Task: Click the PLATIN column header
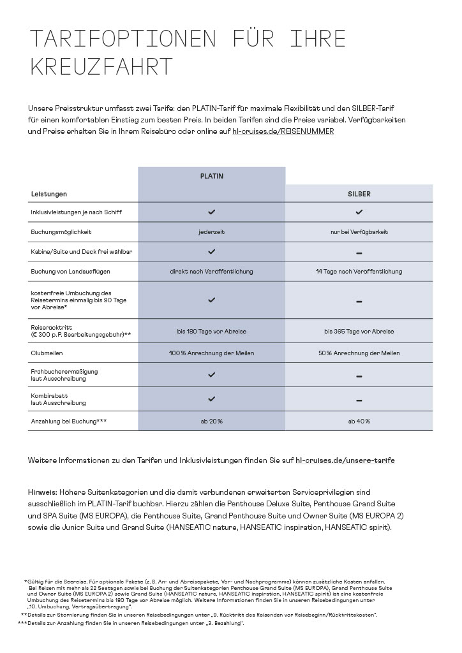click(x=211, y=175)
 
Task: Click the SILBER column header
click(x=359, y=193)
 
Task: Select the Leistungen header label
click(x=49, y=193)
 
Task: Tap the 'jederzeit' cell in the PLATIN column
click(x=211, y=231)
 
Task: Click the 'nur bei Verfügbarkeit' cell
click(x=359, y=231)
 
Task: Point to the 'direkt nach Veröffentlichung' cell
click(x=211, y=271)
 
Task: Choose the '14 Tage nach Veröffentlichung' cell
click(x=359, y=271)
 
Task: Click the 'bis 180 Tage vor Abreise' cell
click(x=211, y=332)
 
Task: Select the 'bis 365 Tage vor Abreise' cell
click(x=359, y=332)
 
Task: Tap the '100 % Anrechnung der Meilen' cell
click(x=211, y=353)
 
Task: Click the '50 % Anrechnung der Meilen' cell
click(x=359, y=353)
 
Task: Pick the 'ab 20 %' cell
click(x=211, y=421)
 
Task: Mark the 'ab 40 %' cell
click(x=359, y=421)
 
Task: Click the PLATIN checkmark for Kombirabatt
click(x=211, y=399)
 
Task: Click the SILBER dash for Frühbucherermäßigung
click(x=359, y=376)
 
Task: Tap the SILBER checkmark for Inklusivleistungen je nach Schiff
click(x=359, y=211)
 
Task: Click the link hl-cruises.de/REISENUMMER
click(x=283, y=131)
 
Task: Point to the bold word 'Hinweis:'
click(x=43, y=492)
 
